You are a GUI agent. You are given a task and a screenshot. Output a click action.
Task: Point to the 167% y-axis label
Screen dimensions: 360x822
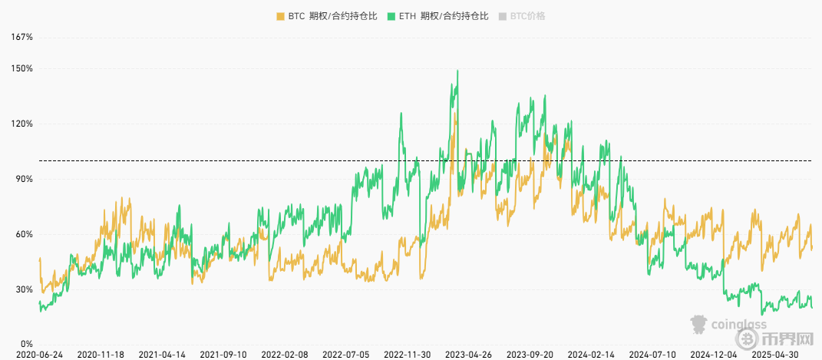[22, 37]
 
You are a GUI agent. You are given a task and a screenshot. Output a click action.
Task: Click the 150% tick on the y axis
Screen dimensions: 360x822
[22, 68]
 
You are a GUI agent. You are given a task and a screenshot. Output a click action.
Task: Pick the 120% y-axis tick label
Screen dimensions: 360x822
[22, 124]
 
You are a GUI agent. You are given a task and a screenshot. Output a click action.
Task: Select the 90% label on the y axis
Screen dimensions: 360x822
[24, 179]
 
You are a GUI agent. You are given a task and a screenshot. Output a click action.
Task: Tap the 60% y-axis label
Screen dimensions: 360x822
[24, 234]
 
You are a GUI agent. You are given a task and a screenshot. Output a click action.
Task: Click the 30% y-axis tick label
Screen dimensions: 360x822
[24, 289]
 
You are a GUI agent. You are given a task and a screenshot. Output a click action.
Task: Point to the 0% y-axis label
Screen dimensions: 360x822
[26, 344]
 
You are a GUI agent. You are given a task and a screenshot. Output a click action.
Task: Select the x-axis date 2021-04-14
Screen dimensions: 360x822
[162, 355]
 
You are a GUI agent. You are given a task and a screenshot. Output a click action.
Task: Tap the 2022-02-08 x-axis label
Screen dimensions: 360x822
[285, 355]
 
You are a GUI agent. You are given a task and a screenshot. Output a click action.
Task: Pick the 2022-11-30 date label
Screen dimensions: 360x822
[408, 355]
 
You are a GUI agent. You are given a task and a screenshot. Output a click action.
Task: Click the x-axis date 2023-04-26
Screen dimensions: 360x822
[469, 355]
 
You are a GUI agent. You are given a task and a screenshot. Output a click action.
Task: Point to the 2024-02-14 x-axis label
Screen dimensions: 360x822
[591, 355]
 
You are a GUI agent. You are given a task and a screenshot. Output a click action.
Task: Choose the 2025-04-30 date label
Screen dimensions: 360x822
[775, 355]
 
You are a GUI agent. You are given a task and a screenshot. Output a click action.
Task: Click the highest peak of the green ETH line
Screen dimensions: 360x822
[457, 71]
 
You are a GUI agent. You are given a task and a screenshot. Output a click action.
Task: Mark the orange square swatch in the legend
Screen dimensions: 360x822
[279, 15]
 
